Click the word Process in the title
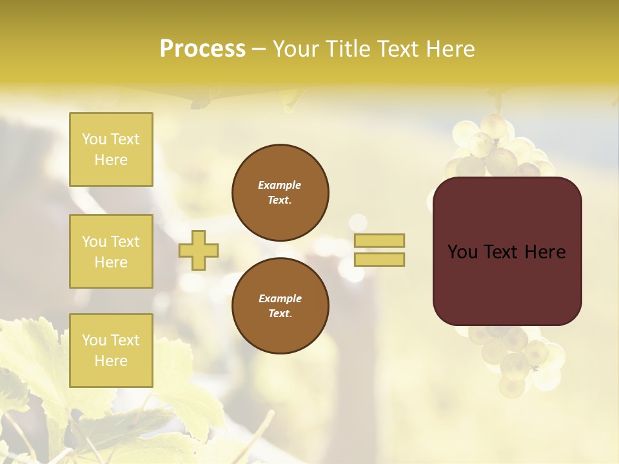[202, 49]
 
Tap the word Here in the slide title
[450, 49]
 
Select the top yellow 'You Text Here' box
[111, 150]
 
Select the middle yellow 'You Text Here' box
[111, 251]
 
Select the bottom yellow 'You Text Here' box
[111, 351]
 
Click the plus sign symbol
[199, 250]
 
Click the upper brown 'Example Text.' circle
[280, 193]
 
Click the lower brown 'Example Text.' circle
[280, 306]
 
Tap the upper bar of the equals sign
[380, 240]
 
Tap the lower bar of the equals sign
[380, 260]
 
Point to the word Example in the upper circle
[280, 185]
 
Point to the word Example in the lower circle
[280, 298]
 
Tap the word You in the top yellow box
[94, 139]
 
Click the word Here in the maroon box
[545, 252]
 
